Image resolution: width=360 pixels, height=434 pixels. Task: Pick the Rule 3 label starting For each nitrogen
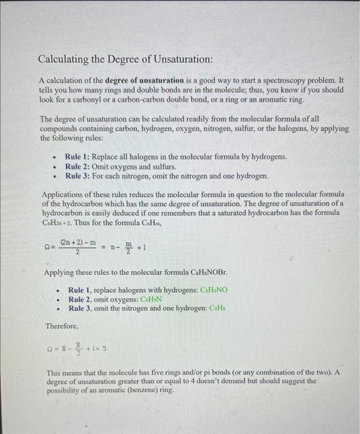(78, 175)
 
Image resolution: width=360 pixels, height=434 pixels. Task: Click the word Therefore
(61, 325)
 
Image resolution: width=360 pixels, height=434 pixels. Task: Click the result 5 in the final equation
(107, 349)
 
